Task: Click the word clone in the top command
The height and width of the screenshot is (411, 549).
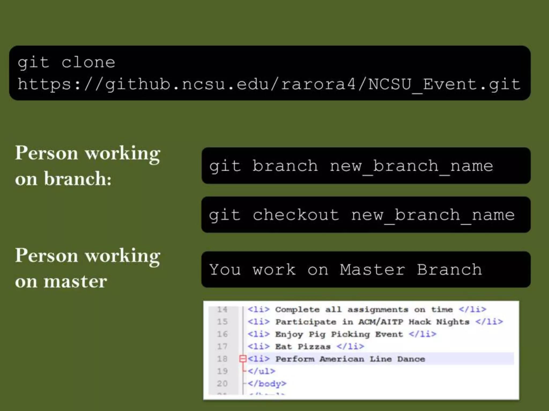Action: tap(88, 63)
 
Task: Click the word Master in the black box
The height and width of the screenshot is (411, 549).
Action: tap(372, 269)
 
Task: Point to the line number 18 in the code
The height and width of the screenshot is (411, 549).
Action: tap(222, 359)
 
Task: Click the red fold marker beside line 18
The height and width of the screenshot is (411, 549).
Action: tap(243, 359)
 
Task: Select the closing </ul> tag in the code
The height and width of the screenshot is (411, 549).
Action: tap(261, 371)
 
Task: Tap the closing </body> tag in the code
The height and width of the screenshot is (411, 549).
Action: tap(267, 384)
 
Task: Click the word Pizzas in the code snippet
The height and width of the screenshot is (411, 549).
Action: tap(314, 347)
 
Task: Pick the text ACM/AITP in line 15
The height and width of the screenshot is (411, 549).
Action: tap(381, 322)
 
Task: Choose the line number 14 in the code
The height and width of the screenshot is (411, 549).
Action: tap(222, 310)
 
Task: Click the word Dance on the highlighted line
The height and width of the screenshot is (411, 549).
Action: tap(411, 359)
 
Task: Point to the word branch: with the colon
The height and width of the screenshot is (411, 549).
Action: tap(78, 179)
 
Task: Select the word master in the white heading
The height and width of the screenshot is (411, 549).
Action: tap(75, 281)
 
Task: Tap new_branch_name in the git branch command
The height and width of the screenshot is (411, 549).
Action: tap(411, 166)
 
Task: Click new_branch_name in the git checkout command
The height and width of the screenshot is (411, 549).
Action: tap(433, 215)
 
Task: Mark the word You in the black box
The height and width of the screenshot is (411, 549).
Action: tap(225, 269)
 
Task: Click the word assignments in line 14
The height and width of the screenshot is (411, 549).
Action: tap(378, 310)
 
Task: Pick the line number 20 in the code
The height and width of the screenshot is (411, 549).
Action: tap(222, 384)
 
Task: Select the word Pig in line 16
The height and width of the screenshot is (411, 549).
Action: tap(317, 334)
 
